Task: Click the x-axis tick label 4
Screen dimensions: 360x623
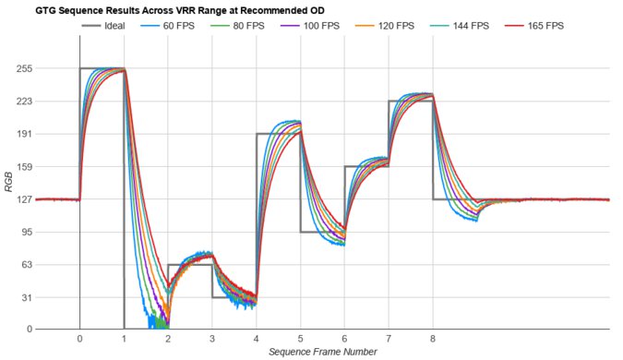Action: tap(256, 339)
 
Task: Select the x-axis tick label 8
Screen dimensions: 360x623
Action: tap(433, 339)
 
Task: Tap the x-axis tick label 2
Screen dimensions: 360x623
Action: tap(168, 339)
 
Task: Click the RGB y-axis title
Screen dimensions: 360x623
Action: tap(8, 198)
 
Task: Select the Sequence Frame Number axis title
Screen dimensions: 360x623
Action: tap(322, 352)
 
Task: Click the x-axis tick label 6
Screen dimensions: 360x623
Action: tap(344, 339)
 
